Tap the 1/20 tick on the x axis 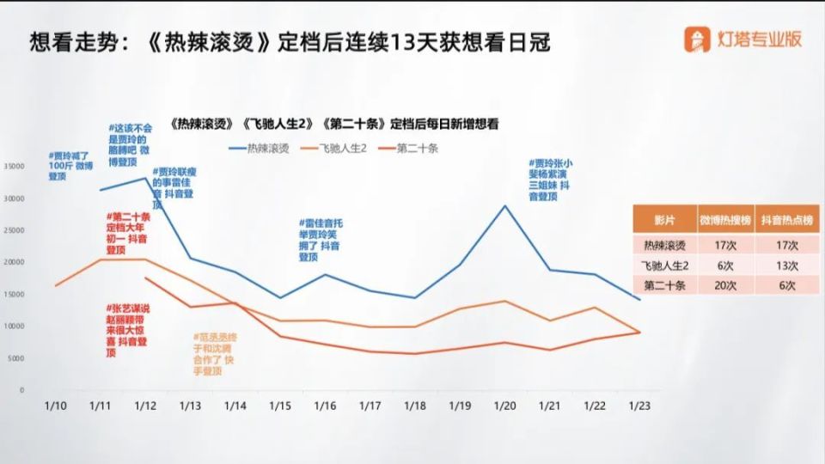(504, 405)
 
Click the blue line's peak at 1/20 (504, 206)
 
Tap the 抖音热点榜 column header (786, 220)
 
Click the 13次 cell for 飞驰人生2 (786, 265)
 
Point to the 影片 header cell (664, 220)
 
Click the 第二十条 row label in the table (664, 285)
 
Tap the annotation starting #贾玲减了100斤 (70, 166)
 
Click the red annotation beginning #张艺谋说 (128, 329)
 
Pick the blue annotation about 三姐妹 (553, 180)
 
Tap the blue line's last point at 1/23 (639, 299)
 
